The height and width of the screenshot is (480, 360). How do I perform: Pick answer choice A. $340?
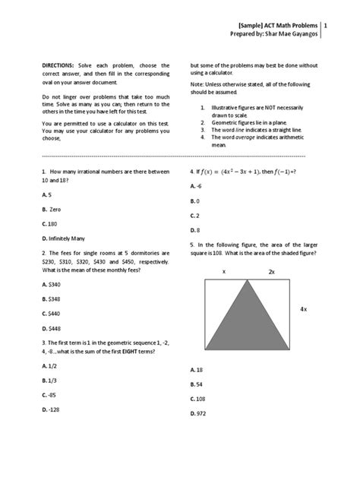52,283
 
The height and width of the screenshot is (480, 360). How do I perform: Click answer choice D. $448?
52,328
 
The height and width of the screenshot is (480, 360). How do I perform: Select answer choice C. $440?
52,313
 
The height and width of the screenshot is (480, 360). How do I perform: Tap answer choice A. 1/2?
51,366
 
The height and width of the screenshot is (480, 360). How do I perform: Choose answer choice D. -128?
53,410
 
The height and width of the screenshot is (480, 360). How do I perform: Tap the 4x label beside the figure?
303,309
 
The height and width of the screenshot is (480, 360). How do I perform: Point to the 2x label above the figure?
271,270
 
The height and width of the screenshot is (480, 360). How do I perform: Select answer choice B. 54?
197,384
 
